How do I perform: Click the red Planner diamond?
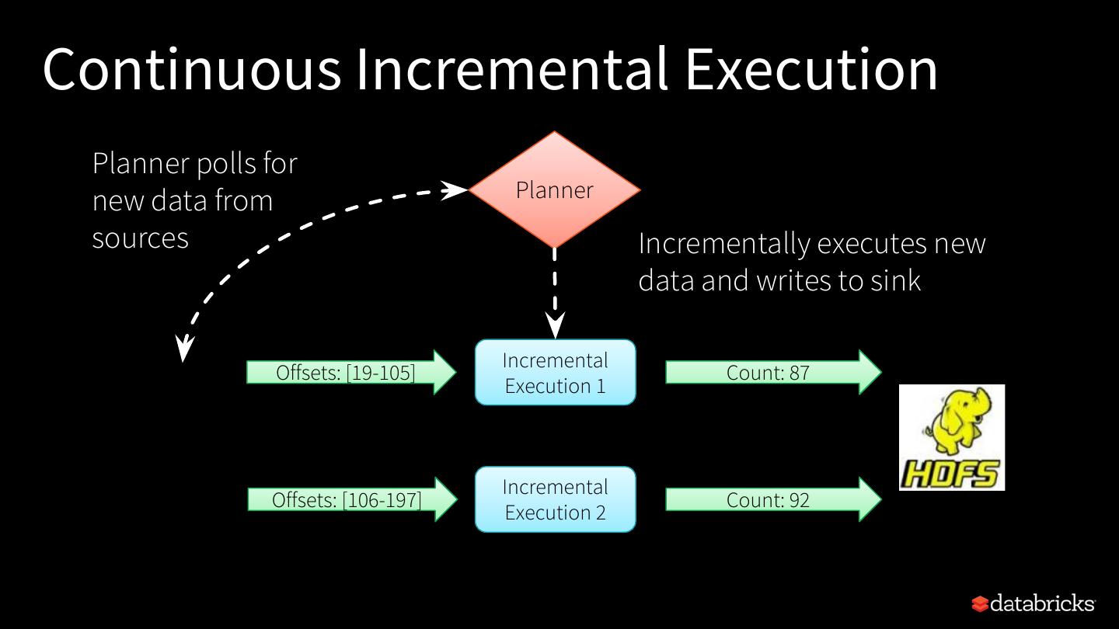click(x=554, y=189)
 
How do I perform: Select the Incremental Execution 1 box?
click(x=555, y=373)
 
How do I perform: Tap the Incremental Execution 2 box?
click(x=555, y=499)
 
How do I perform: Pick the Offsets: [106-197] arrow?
click(x=352, y=499)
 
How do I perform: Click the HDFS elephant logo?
click(x=952, y=437)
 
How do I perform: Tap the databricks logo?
click(x=1033, y=603)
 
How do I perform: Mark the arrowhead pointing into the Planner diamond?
click(x=455, y=189)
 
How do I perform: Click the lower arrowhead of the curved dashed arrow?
click(x=183, y=349)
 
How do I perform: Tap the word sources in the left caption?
click(x=140, y=238)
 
